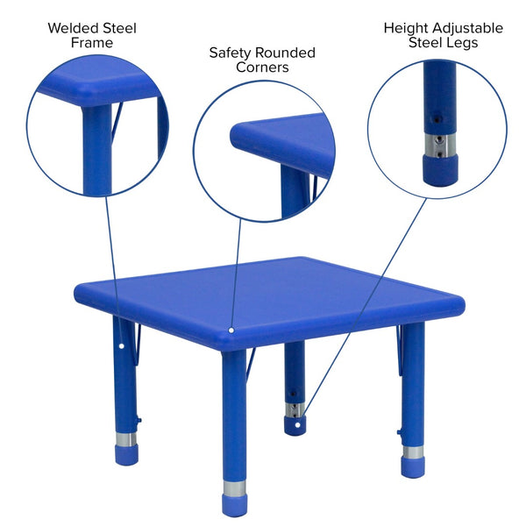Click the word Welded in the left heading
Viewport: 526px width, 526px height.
pos(75,28)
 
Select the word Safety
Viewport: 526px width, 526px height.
pos(232,53)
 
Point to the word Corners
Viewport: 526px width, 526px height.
pos(261,68)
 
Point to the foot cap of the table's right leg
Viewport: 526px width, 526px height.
pos(413,465)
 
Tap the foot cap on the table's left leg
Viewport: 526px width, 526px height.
pos(127,455)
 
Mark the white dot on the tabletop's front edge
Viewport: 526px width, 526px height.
pos(231,331)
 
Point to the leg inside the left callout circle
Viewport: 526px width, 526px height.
pos(97,149)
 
